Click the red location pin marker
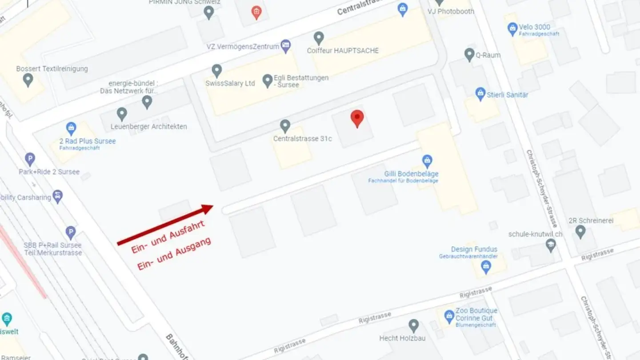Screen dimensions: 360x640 [x=357, y=118]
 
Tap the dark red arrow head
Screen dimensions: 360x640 [x=208, y=208]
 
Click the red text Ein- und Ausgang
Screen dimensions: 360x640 [x=174, y=254]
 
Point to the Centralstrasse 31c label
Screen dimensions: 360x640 [x=302, y=139]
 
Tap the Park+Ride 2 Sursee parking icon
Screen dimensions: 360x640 [x=30, y=159]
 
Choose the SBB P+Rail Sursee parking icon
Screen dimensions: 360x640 [x=71, y=232]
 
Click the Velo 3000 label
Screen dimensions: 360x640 [x=535, y=27]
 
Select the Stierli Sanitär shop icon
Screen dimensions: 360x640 [x=480, y=93]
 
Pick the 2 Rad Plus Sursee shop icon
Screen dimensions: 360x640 [x=71, y=128]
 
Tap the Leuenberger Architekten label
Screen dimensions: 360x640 [x=148, y=127]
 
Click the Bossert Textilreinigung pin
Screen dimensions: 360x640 [x=28, y=80]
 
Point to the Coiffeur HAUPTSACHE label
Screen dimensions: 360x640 [x=343, y=51]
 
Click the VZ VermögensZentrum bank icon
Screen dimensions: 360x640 [x=286, y=45]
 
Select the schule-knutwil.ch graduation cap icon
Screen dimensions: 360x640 [x=551, y=245]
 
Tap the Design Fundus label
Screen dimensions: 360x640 [x=474, y=249]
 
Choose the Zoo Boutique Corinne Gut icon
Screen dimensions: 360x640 [x=449, y=316]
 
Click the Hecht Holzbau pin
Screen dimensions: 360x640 [x=414, y=325]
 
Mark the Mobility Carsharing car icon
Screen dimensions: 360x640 [x=57, y=196]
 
